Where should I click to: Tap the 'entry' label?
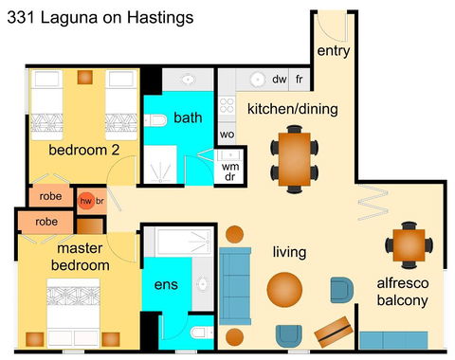[333, 50]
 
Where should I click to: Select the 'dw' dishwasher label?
[280, 80]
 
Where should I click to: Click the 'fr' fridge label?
[299, 80]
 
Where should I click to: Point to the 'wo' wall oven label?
[227, 135]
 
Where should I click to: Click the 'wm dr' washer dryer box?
[231, 171]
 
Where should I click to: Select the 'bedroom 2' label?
[83, 150]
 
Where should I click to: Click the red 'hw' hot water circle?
[85, 201]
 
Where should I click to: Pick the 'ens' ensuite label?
[166, 284]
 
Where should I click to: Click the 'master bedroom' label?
[80, 257]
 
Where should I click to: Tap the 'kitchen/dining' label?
[292, 109]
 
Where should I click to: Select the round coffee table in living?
[285, 289]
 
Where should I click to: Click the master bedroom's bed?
[79, 311]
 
